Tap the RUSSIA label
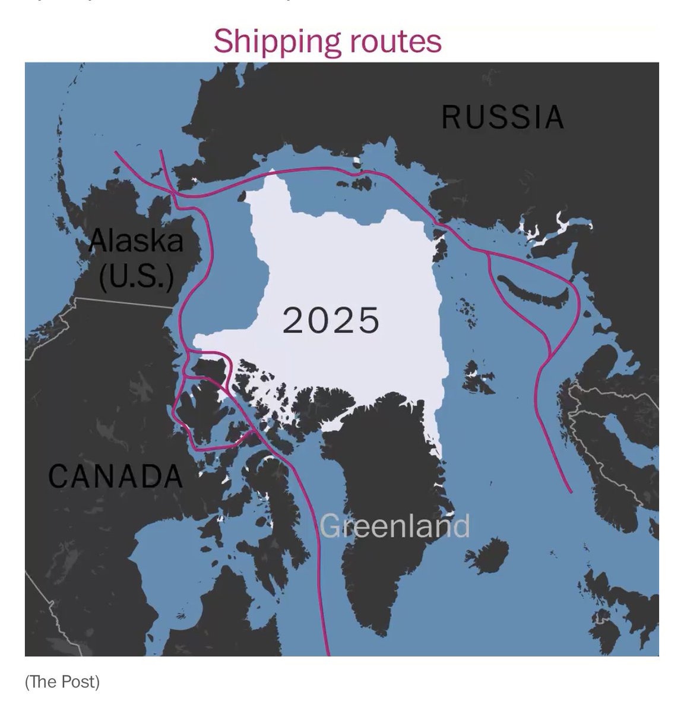pos(502,117)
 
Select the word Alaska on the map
pos(136,241)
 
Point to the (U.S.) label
pos(136,276)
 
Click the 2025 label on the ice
pos(330,320)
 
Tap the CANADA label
pos(115,476)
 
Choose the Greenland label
pos(395,526)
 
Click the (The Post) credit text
pos(62,682)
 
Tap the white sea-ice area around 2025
pos(356,261)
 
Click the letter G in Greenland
pos(330,526)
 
